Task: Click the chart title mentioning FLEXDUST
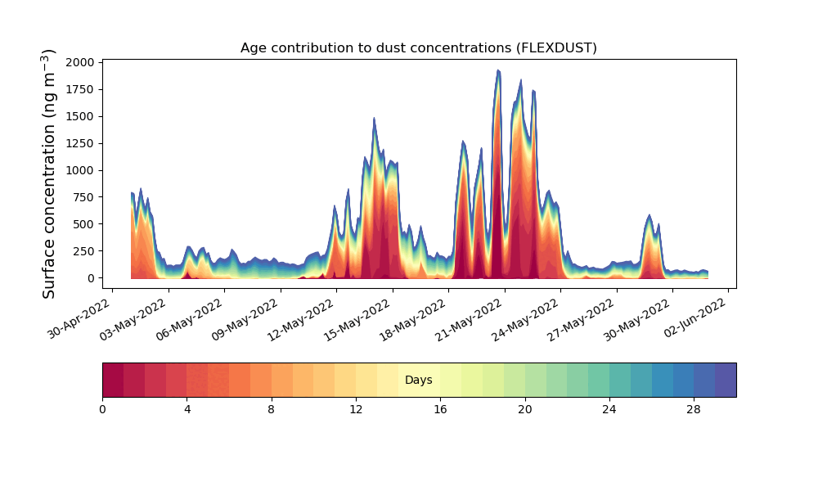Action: point(418,47)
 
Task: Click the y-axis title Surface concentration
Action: point(49,173)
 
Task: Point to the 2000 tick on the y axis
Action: point(83,62)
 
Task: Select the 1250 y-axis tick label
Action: point(83,143)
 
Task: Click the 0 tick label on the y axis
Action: point(92,278)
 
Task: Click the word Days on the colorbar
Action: point(418,381)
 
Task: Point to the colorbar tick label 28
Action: point(694,409)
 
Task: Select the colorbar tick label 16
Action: point(440,409)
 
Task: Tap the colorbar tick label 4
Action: point(187,409)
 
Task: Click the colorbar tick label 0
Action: point(102,409)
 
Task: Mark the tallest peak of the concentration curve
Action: point(498,71)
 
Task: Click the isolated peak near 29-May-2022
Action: point(649,216)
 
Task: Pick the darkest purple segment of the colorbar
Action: point(726,380)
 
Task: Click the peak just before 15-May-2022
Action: point(374,119)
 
